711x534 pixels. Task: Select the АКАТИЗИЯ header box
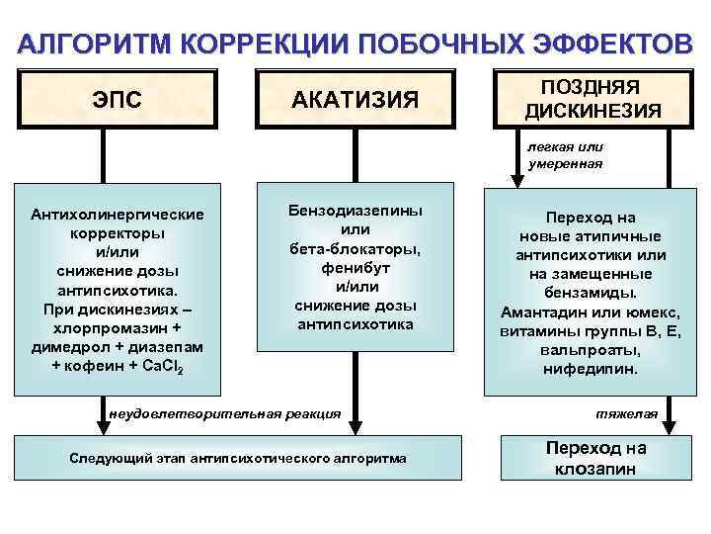pos(355,99)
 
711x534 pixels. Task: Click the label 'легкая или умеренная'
pos(565,155)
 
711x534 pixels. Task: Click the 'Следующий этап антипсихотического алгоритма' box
pos(237,458)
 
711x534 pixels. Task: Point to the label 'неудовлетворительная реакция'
pos(226,412)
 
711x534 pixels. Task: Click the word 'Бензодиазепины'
pos(355,211)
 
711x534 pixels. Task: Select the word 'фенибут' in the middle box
pos(355,267)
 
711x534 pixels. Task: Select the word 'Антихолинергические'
pos(118,215)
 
